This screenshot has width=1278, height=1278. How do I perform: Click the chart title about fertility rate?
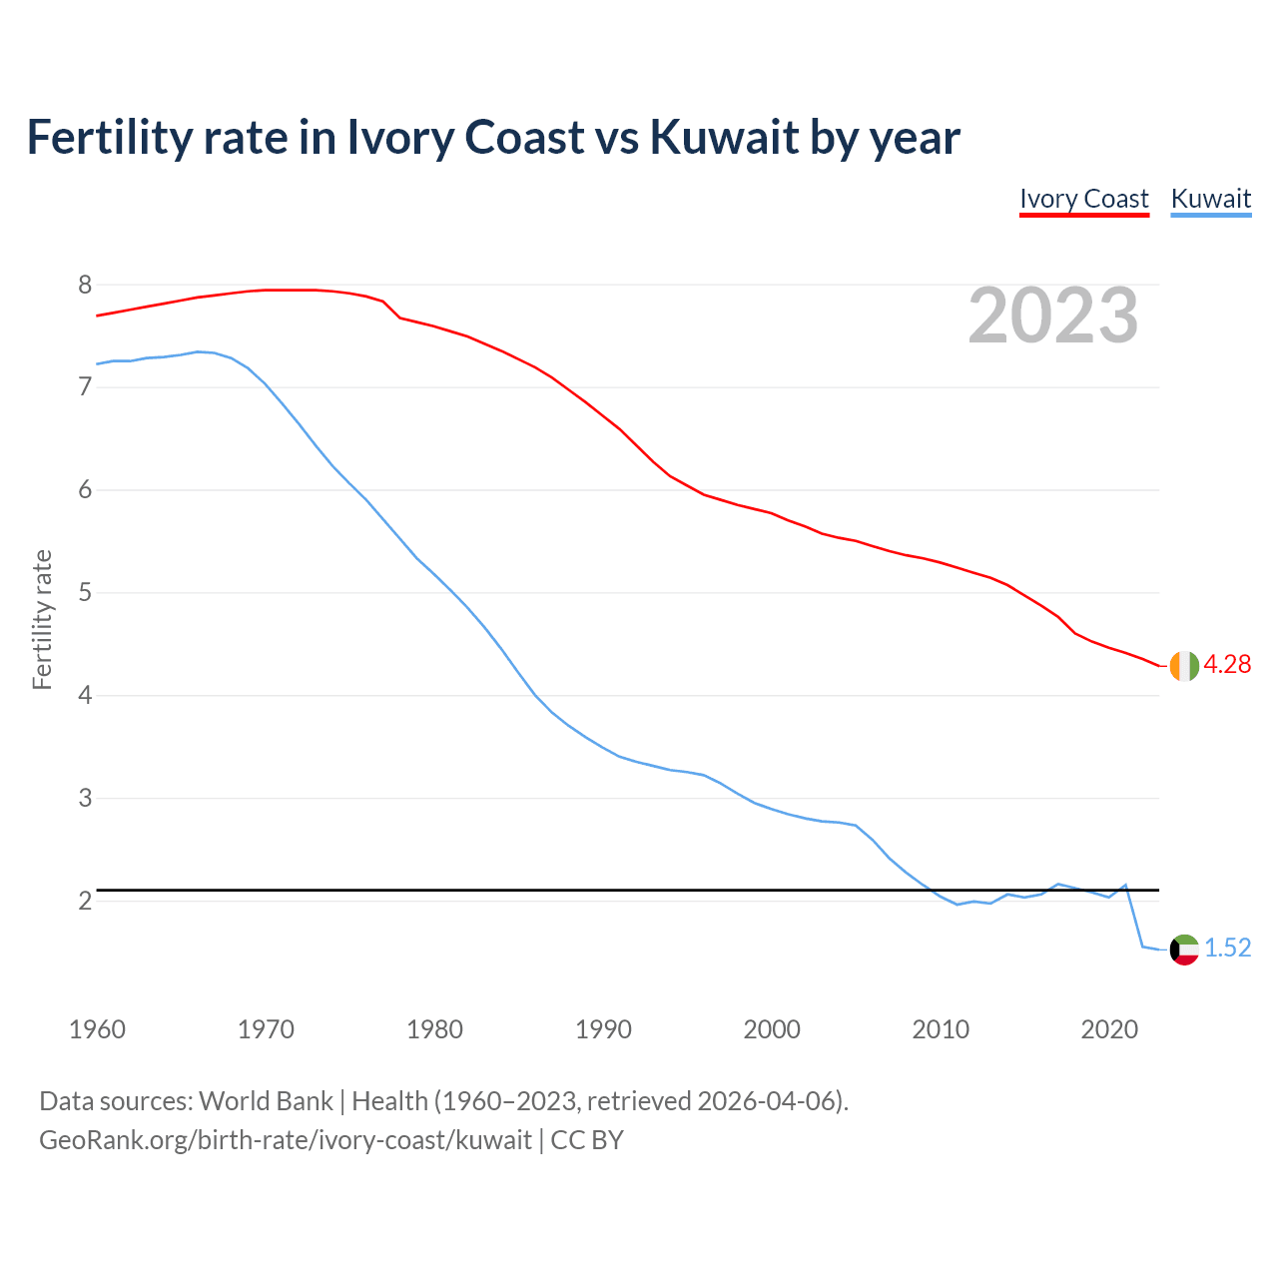pyautogui.click(x=493, y=138)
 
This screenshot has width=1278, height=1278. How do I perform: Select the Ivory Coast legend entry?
pyautogui.click(x=1084, y=199)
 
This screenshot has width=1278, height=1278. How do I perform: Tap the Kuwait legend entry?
pyautogui.click(x=1210, y=199)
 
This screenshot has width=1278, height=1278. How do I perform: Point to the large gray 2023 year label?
pyautogui.click(x=1053, y=316)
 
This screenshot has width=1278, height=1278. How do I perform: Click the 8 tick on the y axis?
pyautogui.click(x=85, y=286)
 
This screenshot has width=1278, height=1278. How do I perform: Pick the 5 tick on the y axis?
pyautogui.click(x=85, y=593)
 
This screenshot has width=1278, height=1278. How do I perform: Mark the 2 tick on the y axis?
pyautogui.click(x=85, y=901)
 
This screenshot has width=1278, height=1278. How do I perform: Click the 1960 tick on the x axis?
pyautogui.click(x=97, y=1029)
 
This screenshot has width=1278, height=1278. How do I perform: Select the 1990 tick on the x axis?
pyautogui.click(x=603, y=1029)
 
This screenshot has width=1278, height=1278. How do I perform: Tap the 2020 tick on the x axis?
pyautogui.click(x=1109, y=1029)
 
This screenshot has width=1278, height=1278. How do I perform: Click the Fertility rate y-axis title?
pyautogui.click(x=42, y=619)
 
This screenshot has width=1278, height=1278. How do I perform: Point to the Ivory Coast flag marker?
pyautogui.click(x=1184, y=665)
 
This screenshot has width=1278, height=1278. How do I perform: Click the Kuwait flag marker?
pyautogui.click(x=1184, y=949)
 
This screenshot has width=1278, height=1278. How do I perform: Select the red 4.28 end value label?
pyautogui.click(x=1227, y=665)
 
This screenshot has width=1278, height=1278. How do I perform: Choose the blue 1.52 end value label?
pyautogui.click(x=1227, y=949)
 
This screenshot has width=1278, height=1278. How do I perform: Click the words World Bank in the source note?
pyautogui.click(x=266, y=1101)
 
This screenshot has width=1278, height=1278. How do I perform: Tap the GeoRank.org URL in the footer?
pyautogui.click(x=286, y=1140)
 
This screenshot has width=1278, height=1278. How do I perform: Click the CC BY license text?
pyautogui.click(x=587, y=1140)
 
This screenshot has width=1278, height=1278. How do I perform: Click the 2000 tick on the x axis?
pyautogui.click(x=772, y=1029)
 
